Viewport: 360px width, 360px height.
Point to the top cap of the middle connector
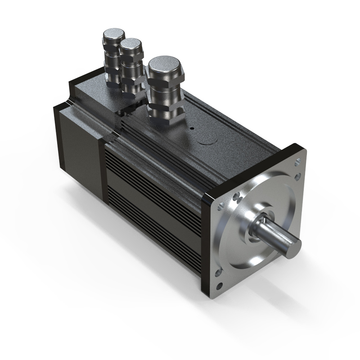coord(131,44)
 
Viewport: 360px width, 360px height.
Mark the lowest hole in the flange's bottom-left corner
coord(220,286)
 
